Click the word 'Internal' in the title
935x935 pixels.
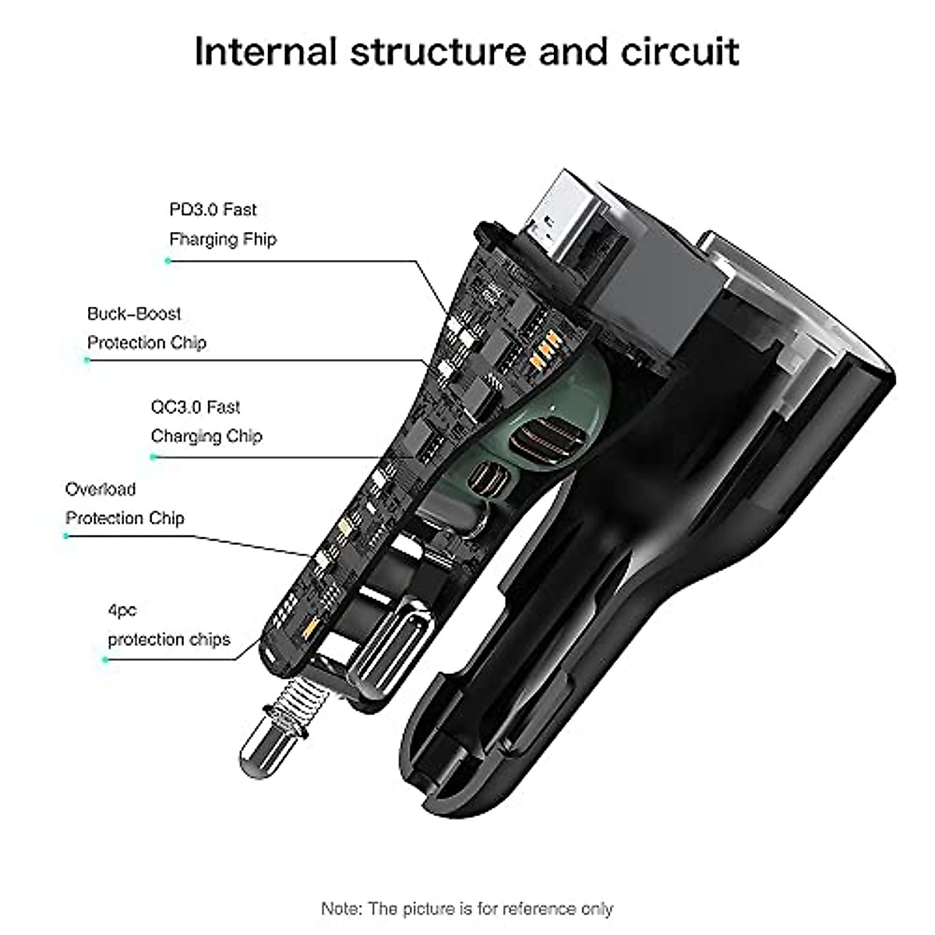pyautogui.click(x=265, y=51)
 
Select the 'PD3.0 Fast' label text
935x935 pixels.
pyautogui.click(x=212, y=210)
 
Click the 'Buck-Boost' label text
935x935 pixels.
pyautogui.click(x=134, y=314)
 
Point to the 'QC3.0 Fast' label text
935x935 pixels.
pyautogui.click(x=195, y=407)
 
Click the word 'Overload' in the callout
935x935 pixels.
pyautogui.click(x=101, y=489)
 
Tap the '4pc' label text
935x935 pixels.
pyautogui.click(x=122, y=610)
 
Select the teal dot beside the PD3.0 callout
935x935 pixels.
pyautogui.click(x=168, y=261)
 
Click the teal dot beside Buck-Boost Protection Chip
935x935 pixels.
pyautogui.click(x=87, y=360)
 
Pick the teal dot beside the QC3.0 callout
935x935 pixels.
pyautogui.click(x=153, y=457)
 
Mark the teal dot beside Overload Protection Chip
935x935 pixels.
pyautogui.click(x=67, y=536)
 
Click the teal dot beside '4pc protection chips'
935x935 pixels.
pyautogui.click(x=105, y=659)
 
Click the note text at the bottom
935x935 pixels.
pyautogui.click(x=467, y=887)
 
